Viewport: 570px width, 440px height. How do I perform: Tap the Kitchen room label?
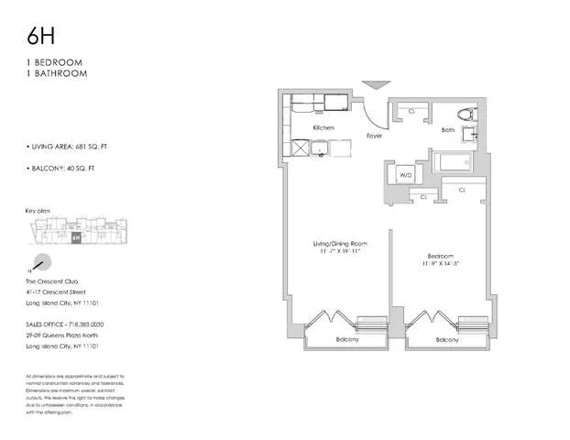click(x=323, y=127)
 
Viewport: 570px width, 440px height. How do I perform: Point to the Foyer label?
click(x=374, y=135)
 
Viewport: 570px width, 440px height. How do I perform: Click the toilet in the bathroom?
click(x=466, y=117)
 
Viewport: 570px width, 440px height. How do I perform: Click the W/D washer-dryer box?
click(x=405, y=175)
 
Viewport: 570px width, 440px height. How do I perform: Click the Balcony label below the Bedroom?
click(x=447, y=339)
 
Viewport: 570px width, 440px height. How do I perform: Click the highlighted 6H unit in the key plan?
click(x=74, y=236)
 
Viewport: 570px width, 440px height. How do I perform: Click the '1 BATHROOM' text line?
click(x=57, y=73)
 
